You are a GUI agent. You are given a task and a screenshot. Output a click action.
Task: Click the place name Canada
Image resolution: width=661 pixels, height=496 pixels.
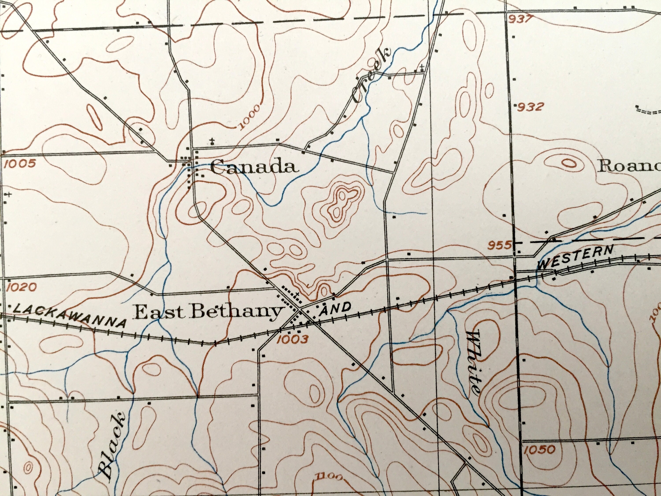pyautogui.click(x=255, y=167)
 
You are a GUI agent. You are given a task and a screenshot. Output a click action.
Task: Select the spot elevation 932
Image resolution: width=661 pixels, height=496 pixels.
pyautogui.click(x=529, y=107)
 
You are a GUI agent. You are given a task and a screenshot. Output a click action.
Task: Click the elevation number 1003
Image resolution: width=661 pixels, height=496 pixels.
pyautogui.click(x=292, y=339)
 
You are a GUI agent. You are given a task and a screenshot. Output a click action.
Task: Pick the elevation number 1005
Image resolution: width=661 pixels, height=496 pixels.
pyautogui.click(x=20, y=164)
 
